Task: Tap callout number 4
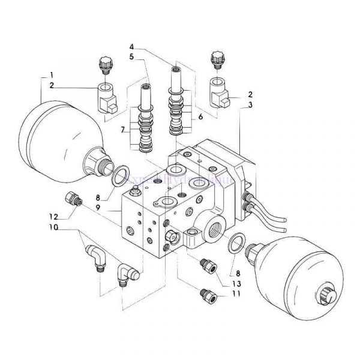click(131, 47)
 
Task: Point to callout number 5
click(131, 58)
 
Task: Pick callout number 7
click(123, 130)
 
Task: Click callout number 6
click(200, 117)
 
